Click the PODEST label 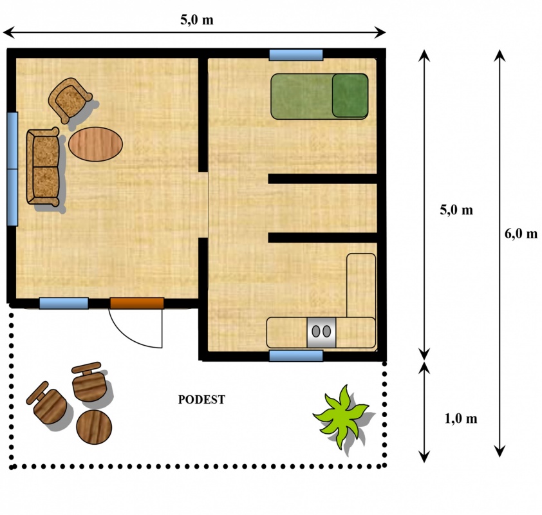[201, 400]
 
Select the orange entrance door [137, 303]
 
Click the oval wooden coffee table [95, 144]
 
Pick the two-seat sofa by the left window [43, 167]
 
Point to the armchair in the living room [70, 100]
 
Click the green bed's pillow [350, 95]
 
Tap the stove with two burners [321, 332]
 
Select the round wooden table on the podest [94, 427]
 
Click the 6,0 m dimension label [521, 234]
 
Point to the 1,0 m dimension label [461, 419]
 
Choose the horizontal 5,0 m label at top [197, 20]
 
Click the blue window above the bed [296, 55]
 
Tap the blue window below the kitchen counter [296, 356]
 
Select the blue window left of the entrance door [64, 303]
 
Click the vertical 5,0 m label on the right [456, 210]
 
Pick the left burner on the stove [316, 332]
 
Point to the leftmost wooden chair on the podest [47, 404]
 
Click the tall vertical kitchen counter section [361, 285]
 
